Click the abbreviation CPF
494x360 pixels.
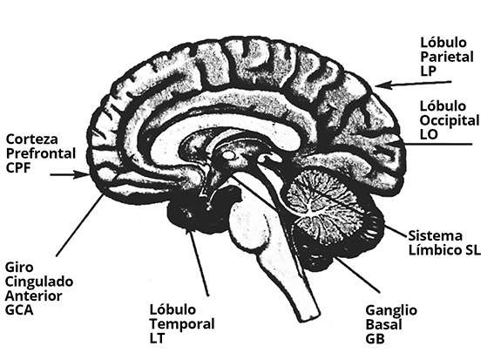click(x=18, y=167)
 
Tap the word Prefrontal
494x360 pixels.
click(x=41, y=153)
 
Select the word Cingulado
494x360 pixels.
click(x=39, y=282)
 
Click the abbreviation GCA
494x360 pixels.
click(x=19, y=310)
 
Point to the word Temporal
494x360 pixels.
click(x=182, y=324)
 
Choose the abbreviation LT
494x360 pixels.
click(x=157, y=338)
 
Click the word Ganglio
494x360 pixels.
click(x=391, y=310)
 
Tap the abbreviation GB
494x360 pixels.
click(x=375, y=339)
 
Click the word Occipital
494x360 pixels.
click(x=450, y=121)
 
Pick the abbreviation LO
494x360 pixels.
click(x=429, y=134)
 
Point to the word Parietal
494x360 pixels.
click(x=447, y=57)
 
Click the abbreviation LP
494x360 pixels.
click(x=428, y=71)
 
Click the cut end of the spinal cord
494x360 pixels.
click(x=309, y=317)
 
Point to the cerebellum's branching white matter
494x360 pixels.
click(x=322, y=204)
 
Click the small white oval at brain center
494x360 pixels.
click(x=229, y=154)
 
